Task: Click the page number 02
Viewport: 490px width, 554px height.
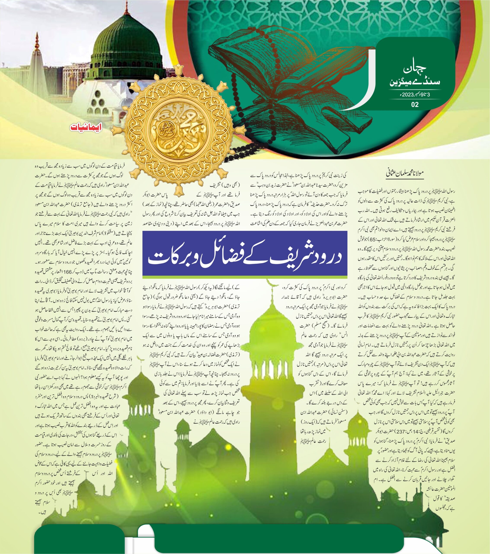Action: click(x=415, y=104)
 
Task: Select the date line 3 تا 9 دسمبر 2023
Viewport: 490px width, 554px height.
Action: click(x=415, y=95)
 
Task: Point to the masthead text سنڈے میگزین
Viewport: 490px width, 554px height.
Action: click(x=415, y=82)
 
